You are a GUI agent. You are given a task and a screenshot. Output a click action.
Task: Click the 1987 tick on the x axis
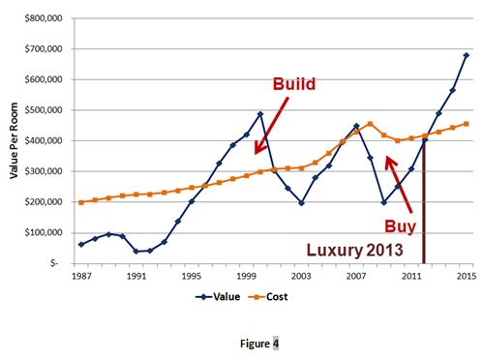[x=80, y=279]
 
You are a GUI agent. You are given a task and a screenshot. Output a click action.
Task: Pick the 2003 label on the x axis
[x=301, y=279]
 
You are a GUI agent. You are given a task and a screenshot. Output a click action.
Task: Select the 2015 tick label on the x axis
[x=466, y=279]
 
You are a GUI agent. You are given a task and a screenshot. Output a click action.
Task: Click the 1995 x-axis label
[x=191, y=279]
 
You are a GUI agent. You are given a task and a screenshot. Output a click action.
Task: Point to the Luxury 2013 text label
[x=362, y=249]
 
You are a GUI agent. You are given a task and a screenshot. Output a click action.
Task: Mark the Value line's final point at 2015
[x=466, y=55]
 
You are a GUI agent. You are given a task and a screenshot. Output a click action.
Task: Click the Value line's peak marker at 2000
[x=259, y=114]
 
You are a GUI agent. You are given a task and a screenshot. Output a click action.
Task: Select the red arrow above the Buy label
[x=400, y=185]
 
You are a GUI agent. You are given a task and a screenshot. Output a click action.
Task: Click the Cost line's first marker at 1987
[x=80, y=202]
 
